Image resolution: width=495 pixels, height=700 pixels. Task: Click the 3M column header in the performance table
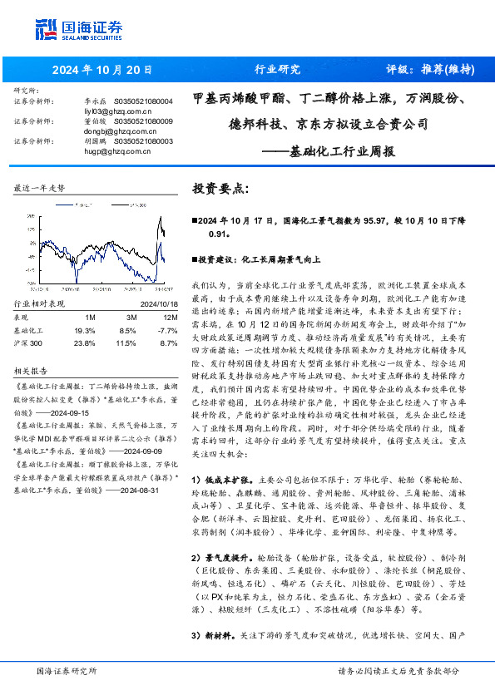(x=131, y=318)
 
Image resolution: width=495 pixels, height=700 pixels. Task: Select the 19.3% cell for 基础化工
(x=84, y=330)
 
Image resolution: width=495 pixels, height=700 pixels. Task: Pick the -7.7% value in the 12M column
(x=167, y=330)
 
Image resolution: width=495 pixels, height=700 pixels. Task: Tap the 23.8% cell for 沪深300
(x=84, y=342)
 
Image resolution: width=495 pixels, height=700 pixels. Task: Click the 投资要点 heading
(x=220, y=189)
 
